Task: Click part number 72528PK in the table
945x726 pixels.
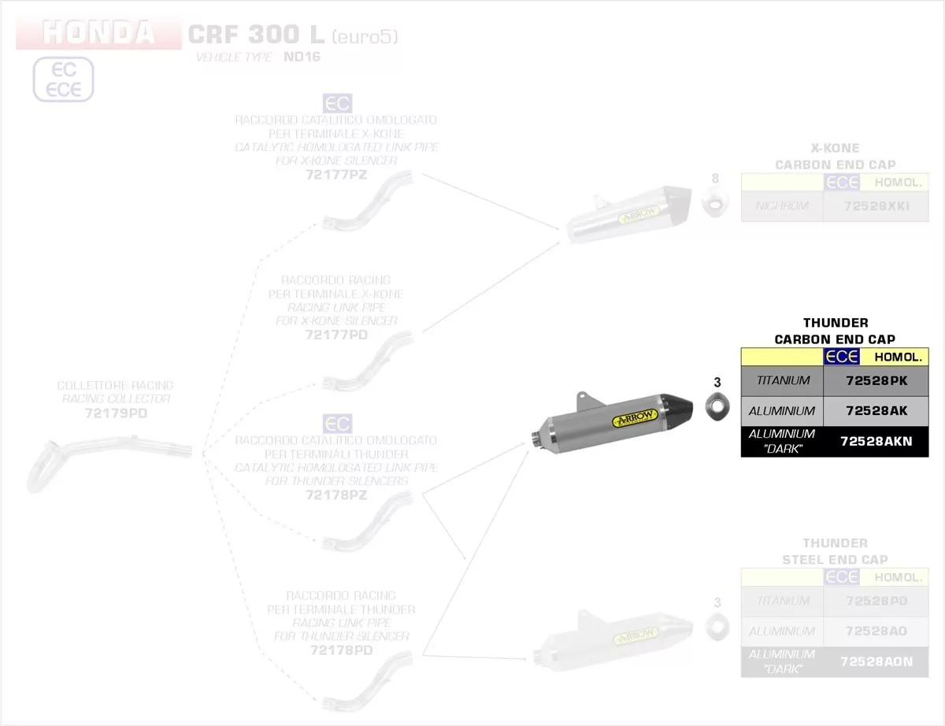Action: click(x=876, y=381)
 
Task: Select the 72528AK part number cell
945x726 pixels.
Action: click(x=876, y=411)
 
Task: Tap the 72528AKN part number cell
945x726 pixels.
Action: click(x=876, y=442)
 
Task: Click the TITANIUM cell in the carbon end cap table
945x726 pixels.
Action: click(x=782, y=381)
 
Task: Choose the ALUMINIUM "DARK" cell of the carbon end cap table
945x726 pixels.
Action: click(x=782, y=441)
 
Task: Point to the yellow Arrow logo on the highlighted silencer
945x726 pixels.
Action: click(x=634, y=417)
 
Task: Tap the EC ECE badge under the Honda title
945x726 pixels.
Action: click(x=63, y=80)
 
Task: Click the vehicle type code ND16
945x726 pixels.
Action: click(x=302, y=57)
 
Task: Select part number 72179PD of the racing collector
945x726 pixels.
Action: click(x=116, y=413)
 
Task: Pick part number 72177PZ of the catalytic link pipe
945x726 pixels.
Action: click(x=336, y=175)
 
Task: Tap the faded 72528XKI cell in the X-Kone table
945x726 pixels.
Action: click(x=876, y=206)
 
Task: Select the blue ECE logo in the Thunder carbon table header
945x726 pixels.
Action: click(x=841, y=357)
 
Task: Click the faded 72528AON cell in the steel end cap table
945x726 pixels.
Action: click(x=876, y=662)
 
